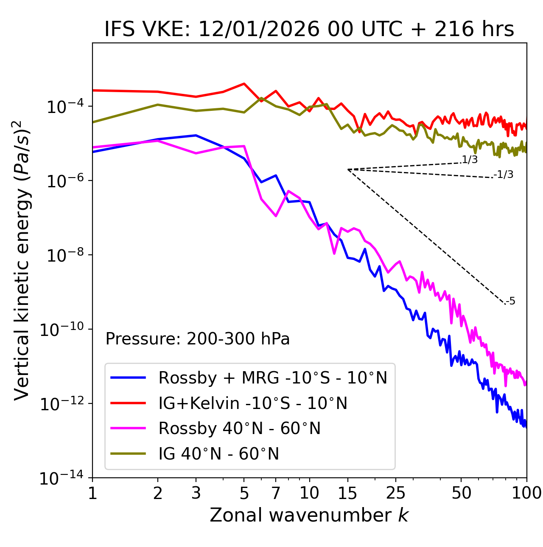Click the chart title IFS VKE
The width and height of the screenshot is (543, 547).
point(309,30)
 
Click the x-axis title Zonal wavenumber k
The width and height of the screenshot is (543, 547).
point(309,515)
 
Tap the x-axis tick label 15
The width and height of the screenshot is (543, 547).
point(347,493)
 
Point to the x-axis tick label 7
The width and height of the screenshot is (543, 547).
point(276,493)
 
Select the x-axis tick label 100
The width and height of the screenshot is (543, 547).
point(526,493)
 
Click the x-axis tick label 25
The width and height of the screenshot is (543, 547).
point(396,493)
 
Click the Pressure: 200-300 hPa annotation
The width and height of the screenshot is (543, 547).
point(198,339)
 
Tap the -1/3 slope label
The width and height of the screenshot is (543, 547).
point(504,175)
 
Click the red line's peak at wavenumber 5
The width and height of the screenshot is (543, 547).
point(244,84)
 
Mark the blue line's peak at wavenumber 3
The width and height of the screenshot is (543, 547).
point(196,135)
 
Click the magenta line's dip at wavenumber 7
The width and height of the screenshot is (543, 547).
point(276,216)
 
